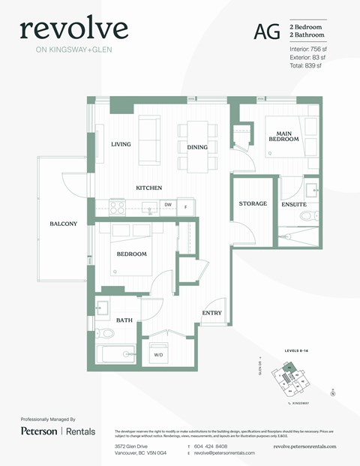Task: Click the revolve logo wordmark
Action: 73,29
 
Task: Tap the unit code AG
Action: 264,31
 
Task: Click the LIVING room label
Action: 121,144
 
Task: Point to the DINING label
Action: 197,147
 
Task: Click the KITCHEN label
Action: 148,188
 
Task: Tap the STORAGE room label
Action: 253,203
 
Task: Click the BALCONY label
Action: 64,224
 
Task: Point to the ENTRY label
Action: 211,313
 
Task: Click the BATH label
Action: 124,320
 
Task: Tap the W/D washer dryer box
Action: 159,353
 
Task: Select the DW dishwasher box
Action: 168,203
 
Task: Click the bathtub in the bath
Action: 115,353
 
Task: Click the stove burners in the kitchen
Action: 117,204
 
